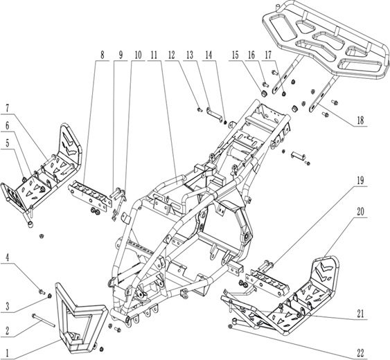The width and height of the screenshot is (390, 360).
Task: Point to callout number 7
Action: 8,109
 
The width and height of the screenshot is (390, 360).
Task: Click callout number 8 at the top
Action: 102,53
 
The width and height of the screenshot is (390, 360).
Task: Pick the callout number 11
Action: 153,53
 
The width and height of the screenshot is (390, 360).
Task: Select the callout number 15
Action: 236,53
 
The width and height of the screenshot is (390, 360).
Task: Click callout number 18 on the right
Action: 360,120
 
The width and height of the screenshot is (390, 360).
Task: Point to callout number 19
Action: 360,179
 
